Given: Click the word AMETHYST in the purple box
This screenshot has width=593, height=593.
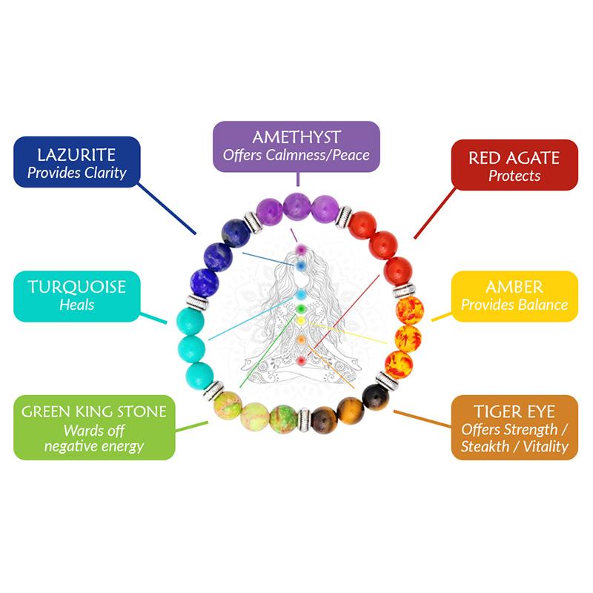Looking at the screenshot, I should [x=296, y=139].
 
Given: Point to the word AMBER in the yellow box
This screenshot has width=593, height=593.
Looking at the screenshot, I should [x=515, y=288].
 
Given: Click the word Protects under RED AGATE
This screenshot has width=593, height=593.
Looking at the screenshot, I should [x=514, y=176].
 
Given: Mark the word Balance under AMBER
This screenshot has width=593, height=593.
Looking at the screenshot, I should [x=542, y=305].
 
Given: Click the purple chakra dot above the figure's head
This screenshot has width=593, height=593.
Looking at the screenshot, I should [x=300, y=251].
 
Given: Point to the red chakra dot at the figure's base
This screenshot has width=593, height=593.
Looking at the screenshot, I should [x=300, y=360].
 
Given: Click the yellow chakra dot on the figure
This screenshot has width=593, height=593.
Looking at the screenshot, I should [x=301, y=322].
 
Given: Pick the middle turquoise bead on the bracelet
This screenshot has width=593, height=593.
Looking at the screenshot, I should [x=189, y=346].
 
